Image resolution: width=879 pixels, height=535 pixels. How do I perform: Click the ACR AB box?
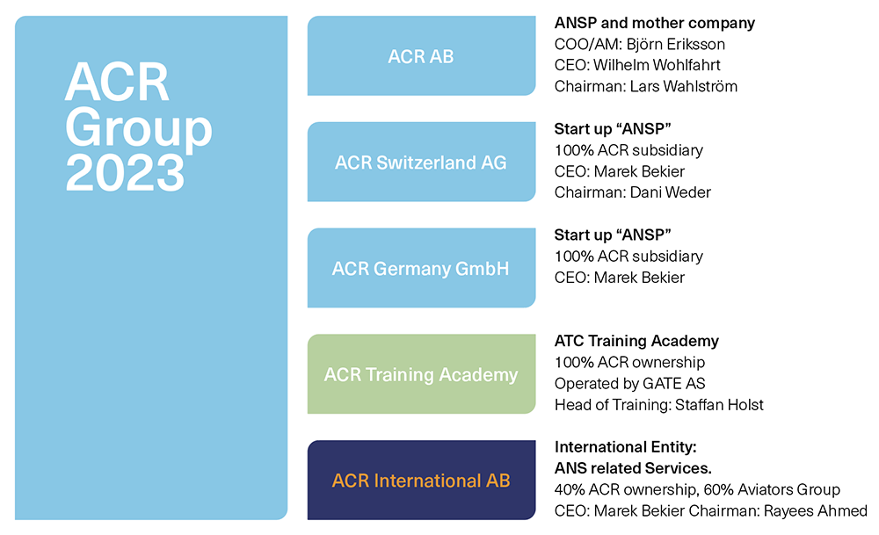point(421,56)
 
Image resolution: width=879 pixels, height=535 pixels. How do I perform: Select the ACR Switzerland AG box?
point(421,163)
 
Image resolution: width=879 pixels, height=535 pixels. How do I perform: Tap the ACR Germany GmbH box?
point(421,269)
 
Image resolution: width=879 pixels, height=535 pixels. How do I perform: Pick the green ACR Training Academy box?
point(421,375)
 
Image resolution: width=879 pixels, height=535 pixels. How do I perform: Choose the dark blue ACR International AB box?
point(421,481)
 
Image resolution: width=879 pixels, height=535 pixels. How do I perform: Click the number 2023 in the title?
point(125,172)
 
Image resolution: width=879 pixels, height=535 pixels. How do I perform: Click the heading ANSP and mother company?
point(655,24)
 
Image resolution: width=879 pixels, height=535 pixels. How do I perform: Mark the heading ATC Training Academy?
point(636,341)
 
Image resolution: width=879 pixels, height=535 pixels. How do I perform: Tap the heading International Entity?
point(625,447)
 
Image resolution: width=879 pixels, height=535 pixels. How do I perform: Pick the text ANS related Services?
point(633,468)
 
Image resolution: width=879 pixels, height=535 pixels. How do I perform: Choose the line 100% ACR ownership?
point(629,362)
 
